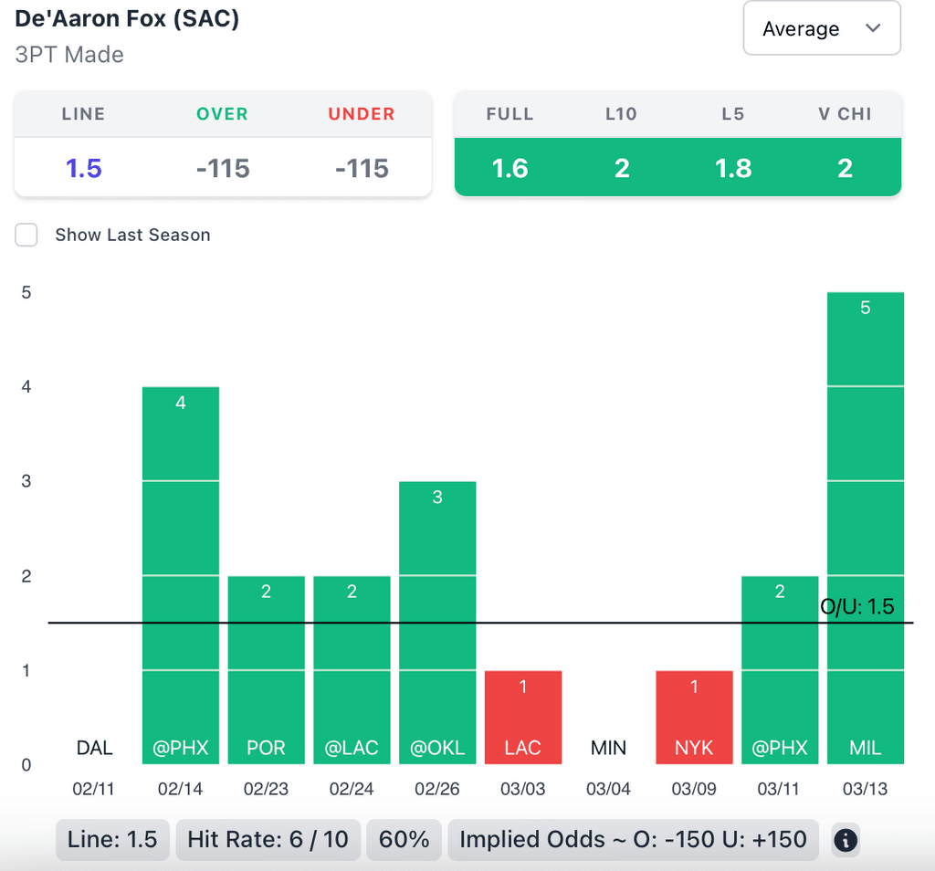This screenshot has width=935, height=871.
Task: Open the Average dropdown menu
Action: (x=822, y=28)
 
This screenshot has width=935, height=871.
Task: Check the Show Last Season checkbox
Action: (x=26, y=235)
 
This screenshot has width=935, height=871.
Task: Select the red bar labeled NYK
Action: (x=694, y=717)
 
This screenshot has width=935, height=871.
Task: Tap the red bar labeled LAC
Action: (x=523, y=717)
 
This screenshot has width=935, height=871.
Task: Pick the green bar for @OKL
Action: (x=437, y=622)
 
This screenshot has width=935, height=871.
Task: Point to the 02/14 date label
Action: (x=180, y=789)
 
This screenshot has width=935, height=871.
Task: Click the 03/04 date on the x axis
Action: (x=608, y=789)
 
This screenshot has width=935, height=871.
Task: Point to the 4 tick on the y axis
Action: (x=26, y=386)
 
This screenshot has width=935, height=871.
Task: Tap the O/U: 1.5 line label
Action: (x=857, y=607)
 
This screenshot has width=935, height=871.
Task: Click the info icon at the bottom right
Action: (x=846, y=840)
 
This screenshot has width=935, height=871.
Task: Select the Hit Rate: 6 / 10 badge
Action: (x=268, y=839)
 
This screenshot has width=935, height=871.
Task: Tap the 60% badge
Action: (x=404, y=839)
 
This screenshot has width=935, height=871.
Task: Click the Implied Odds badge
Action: (x=633, y=839)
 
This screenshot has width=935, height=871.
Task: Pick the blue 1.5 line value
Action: (x=83, y=168)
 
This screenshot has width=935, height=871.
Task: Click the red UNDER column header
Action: (x=362, y=114)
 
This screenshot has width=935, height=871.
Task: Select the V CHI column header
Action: (x=845, y=114)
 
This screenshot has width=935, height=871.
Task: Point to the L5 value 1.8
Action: (x=733, y=168)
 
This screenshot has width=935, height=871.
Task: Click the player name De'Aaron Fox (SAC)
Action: (x=127, y=18)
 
